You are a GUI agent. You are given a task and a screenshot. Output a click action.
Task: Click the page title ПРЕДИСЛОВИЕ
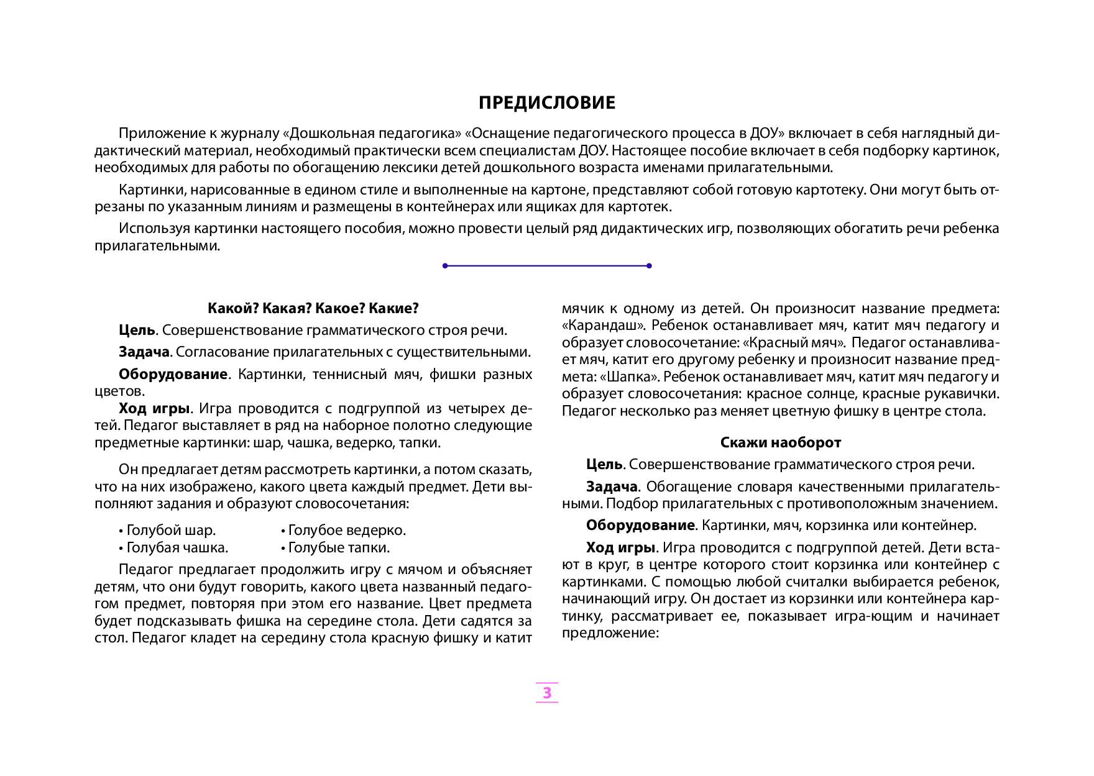[x=547, y=103]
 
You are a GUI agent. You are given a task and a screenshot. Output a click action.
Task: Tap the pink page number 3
[x=547, y=693]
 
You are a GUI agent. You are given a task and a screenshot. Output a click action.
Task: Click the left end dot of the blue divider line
[x=445, y=266]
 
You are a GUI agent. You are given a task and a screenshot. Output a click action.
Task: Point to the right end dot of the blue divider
[x=649, y=266]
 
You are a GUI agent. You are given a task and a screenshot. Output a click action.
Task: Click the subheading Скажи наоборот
[x=780, y=442]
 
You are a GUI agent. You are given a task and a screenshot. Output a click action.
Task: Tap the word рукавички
[x=964, y=394]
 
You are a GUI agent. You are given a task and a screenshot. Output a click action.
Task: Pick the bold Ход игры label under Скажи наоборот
[x=620, y=548]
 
